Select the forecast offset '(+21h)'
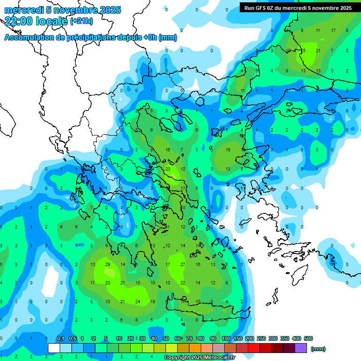point(81,21)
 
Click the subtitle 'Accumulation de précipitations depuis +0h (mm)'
point(91,38)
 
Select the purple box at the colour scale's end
point(301,348)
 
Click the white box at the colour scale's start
point(54,348)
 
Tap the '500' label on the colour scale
point(308,338)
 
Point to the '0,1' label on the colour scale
point(60,338)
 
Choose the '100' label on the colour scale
point(226,338)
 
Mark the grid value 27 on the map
point(183,264)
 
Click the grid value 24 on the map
point(138,301)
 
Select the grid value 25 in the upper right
point(303,50)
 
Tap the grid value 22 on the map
point(183,283)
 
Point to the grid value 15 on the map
point(228,150)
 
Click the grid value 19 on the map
point(153,301)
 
